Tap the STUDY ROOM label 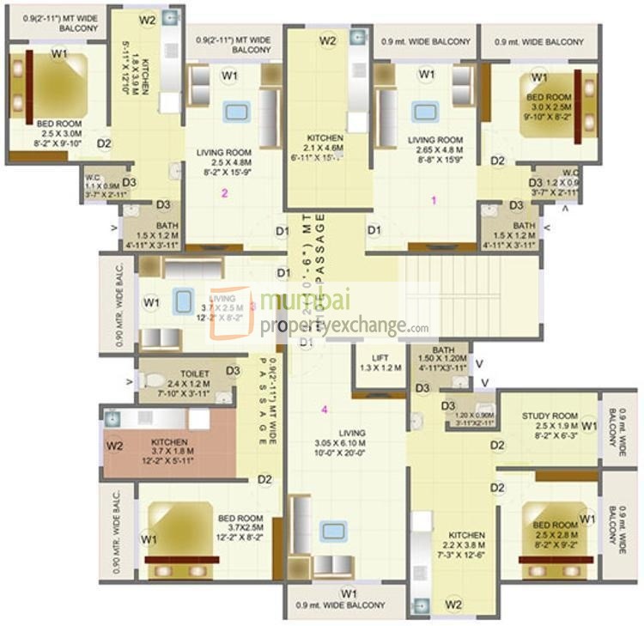click(549, 416)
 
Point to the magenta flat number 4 click(324, 410)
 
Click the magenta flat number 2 click(225, 193)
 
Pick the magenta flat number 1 click(434, 200)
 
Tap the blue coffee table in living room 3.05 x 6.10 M click(333, 531)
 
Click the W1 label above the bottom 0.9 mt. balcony click(348, 593)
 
